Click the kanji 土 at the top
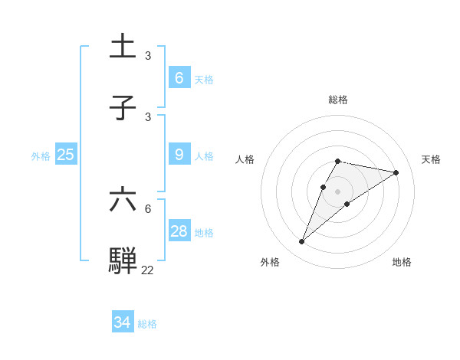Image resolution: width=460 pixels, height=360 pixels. coord(123,47)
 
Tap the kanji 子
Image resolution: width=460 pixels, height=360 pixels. coord(123,108)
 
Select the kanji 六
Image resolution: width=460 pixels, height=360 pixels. coord(123,199)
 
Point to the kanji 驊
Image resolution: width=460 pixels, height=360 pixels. coord(123,260)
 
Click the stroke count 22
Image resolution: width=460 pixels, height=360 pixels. coord(147,270)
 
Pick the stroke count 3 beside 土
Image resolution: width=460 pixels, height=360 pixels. coord(148,55)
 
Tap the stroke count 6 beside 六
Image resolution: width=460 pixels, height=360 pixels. coord(148,208)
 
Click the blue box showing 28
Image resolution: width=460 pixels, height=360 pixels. coord(179,231)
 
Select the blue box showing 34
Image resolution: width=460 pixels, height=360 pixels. coord(123,322)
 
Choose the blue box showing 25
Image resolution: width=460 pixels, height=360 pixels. coord(66,155)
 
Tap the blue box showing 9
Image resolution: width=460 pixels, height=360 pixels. coord(179,155)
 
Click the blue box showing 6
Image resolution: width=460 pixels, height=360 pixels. coord(179,77)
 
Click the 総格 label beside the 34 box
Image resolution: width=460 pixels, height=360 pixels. coord(147,324)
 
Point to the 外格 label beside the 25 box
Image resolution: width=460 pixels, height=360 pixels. coord(41,156)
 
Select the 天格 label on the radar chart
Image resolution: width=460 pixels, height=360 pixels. coord(431,159)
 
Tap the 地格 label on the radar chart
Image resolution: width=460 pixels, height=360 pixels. coord(402,262)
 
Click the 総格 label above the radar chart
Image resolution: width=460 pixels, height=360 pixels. coord(338,100)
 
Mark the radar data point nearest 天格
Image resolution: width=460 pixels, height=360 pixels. coord(396,172)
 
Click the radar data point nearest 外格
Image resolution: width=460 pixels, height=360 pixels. coord(302,242)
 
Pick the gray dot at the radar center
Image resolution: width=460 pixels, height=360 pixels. coord(338,191)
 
